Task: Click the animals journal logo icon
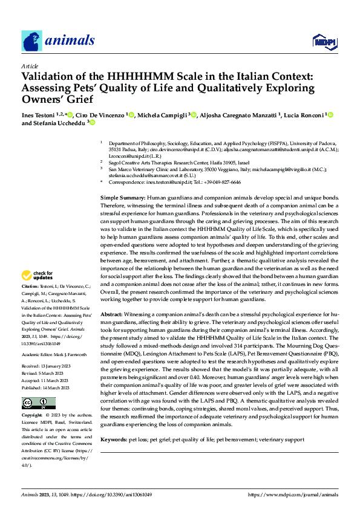click(x=31, y=41)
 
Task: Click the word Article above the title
click(x=30, y=66)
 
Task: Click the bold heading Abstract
click(x=111, y=316)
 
